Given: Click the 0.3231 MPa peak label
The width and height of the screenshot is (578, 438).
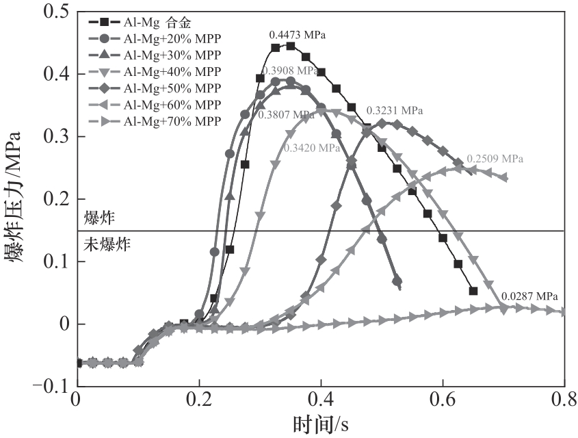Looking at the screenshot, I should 395,109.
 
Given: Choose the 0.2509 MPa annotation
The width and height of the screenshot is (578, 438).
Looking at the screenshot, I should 495,159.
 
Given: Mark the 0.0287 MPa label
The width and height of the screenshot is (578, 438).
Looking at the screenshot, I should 529,296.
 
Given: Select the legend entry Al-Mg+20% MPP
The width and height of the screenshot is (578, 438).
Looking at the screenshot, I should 172,38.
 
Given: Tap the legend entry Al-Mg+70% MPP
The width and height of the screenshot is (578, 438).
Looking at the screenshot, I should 172,121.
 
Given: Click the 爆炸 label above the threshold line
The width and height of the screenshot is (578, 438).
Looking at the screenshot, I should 98,218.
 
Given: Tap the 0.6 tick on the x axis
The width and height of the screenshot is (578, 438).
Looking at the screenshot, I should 443,400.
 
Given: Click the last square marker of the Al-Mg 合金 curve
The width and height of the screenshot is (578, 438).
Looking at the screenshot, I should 473,291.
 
